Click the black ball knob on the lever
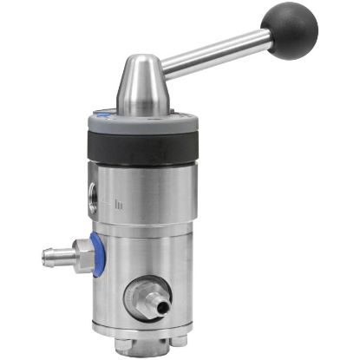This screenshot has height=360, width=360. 293,29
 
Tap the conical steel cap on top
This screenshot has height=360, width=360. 144,87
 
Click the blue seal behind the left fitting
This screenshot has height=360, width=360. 98,256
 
